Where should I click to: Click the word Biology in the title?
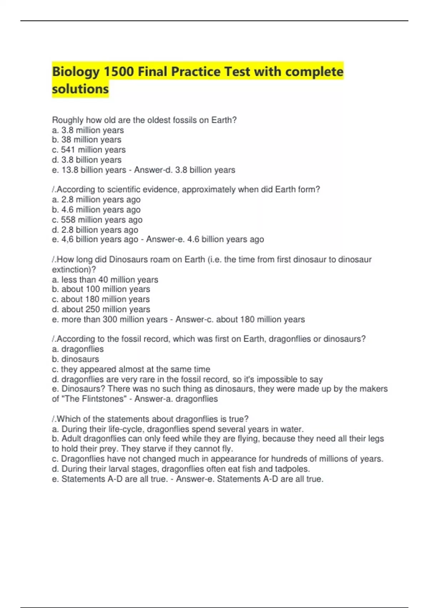(x=76, y=72)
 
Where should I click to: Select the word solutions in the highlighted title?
(x=80, y=89)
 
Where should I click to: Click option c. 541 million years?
(x=89, y=150)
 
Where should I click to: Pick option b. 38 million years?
(x=87, y=140)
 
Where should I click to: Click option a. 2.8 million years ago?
(x=96, y=200)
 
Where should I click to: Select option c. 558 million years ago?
(x=97, y=220)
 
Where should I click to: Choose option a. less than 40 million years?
(x=105, y=280)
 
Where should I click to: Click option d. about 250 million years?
(x=101, y=309)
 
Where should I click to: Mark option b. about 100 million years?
(x=101, y=289)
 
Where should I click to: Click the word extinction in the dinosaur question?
(x=71, y=269)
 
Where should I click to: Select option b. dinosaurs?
(x=75, y=359)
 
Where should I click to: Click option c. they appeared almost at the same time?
(x=131, y=369)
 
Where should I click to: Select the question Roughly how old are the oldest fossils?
(x=144, y=120)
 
